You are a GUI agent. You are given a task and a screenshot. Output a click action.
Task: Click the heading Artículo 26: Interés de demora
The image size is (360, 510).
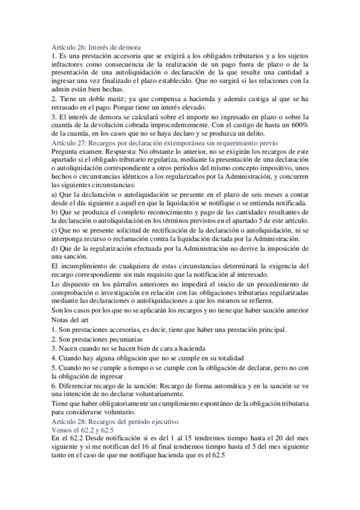96,48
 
